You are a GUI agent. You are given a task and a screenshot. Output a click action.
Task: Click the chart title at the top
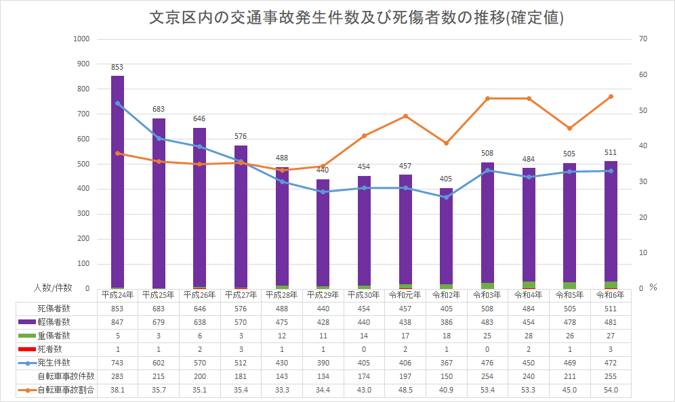click(356, 18)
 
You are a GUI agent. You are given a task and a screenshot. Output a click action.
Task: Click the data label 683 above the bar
click(159, 109)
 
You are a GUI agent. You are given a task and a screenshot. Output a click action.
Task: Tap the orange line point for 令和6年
click(611, 97)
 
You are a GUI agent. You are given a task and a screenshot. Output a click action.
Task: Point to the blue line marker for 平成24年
click(118, 104)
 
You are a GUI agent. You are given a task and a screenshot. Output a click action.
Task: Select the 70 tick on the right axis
click(644, 39)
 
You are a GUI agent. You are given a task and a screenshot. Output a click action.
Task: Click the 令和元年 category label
click(405, 295)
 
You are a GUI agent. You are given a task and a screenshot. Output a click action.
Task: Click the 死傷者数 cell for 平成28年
click(282, 308)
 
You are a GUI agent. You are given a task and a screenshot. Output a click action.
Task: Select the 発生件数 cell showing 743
click(118, 363)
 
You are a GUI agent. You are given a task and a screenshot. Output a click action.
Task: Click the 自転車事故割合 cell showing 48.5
click(405, 390)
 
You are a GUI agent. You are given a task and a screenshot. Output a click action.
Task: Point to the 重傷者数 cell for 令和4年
click(529, 336)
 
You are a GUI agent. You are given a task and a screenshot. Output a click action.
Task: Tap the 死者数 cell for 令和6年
click(611, 349)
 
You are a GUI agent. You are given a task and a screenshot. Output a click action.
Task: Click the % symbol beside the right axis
click(653, 287)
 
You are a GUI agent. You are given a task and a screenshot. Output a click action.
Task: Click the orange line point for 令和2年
click(446, 143)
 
